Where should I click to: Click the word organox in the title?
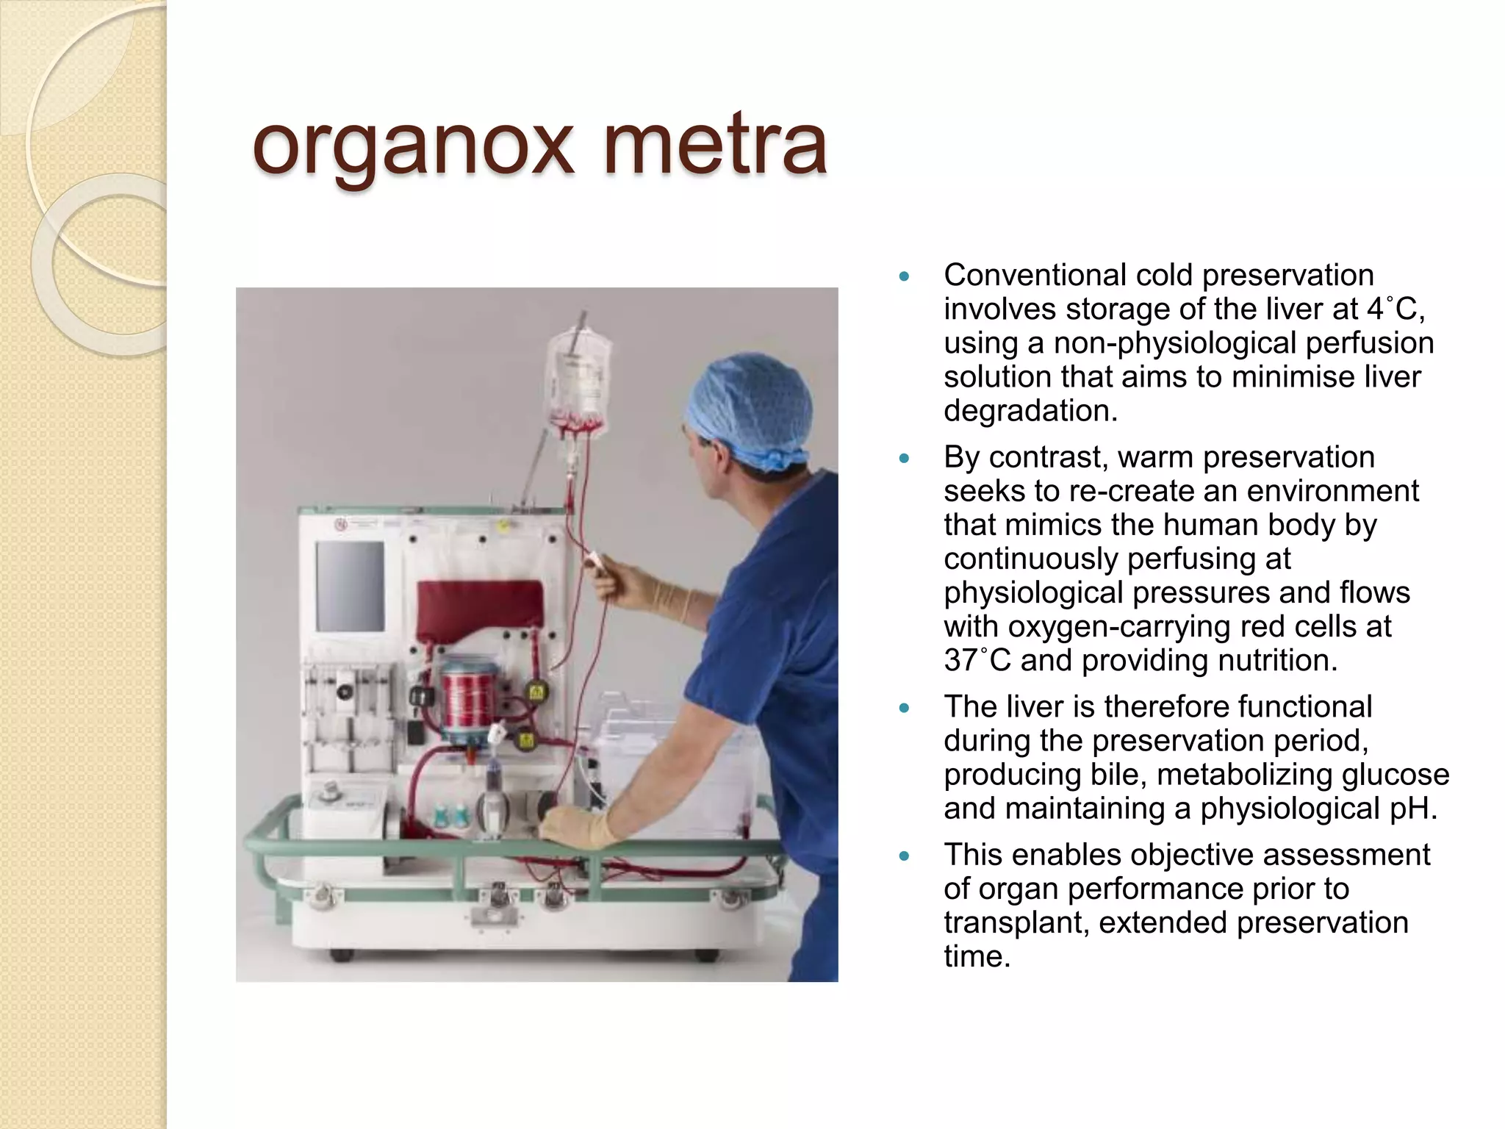pyautogui.click(x=412, y=147)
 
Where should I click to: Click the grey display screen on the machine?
pyautogui.click(x=351, y=587)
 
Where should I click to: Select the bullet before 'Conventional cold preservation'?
pyautogui.click(x=904, y=277)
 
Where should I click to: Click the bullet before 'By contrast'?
pyautogui.click(x=904, y=459)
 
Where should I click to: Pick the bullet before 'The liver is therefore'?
pyautogui.click(x=904, y=708)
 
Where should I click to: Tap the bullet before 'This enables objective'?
pyautogui.click(x=904, y=856)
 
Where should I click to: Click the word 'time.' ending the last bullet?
pyautogui.click(x=977, y=956)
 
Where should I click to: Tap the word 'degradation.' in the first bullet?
pyautogui.click(x=1030, y=411)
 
